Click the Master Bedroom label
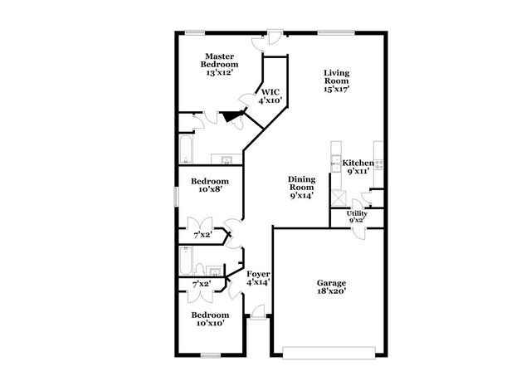(x=220, y=60)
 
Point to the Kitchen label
(x=358, y=163)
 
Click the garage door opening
(x=329, y=352)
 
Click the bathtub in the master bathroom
(x=186, y=150)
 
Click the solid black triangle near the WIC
(x=227, y=118)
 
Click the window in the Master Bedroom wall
(x=195, y=32)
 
